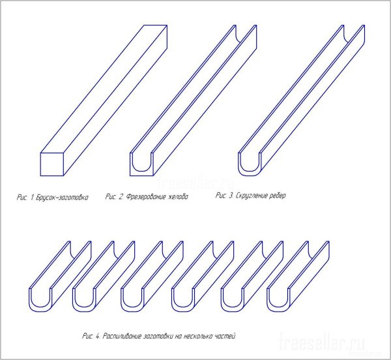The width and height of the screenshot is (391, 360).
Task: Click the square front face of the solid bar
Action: (52, 164)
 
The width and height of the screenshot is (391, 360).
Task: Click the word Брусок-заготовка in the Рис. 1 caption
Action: (62, 198)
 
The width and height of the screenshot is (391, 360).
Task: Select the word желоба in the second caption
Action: (178, 197)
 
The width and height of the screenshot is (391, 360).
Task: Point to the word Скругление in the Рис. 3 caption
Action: (250, 196)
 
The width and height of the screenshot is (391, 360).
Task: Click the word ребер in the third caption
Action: (277, 196)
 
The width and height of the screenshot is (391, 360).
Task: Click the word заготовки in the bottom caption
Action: (158, 336)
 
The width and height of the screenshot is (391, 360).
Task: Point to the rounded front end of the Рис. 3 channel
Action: (250, 164)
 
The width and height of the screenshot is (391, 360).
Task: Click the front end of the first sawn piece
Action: (40, 300)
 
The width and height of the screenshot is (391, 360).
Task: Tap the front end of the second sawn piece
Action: (84, 300)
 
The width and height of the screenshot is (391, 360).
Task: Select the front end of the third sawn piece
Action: (132, 300)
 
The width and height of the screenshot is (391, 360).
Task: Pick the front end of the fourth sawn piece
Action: (183, 300)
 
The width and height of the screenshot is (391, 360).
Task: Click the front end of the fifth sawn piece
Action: (233, 300)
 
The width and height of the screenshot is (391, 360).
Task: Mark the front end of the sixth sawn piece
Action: (278, 300)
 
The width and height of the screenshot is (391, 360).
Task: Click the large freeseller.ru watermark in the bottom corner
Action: (322, 342)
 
